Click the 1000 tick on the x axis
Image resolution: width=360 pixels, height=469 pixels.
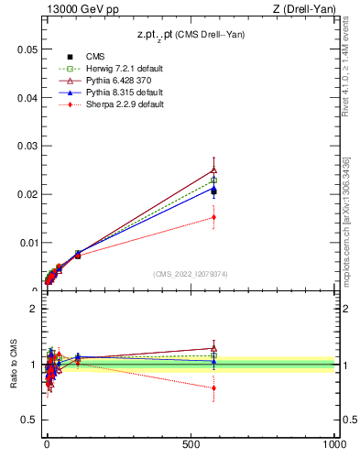335,443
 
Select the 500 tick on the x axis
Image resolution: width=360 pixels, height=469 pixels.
191,443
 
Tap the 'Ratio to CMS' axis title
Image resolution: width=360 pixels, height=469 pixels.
14,365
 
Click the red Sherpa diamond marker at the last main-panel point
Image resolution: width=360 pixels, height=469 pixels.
213,217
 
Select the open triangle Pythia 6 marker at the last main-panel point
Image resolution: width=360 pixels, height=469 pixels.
213,169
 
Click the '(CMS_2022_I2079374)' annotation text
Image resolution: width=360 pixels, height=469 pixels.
190,273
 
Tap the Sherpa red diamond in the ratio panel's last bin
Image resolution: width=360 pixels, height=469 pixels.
213,387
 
